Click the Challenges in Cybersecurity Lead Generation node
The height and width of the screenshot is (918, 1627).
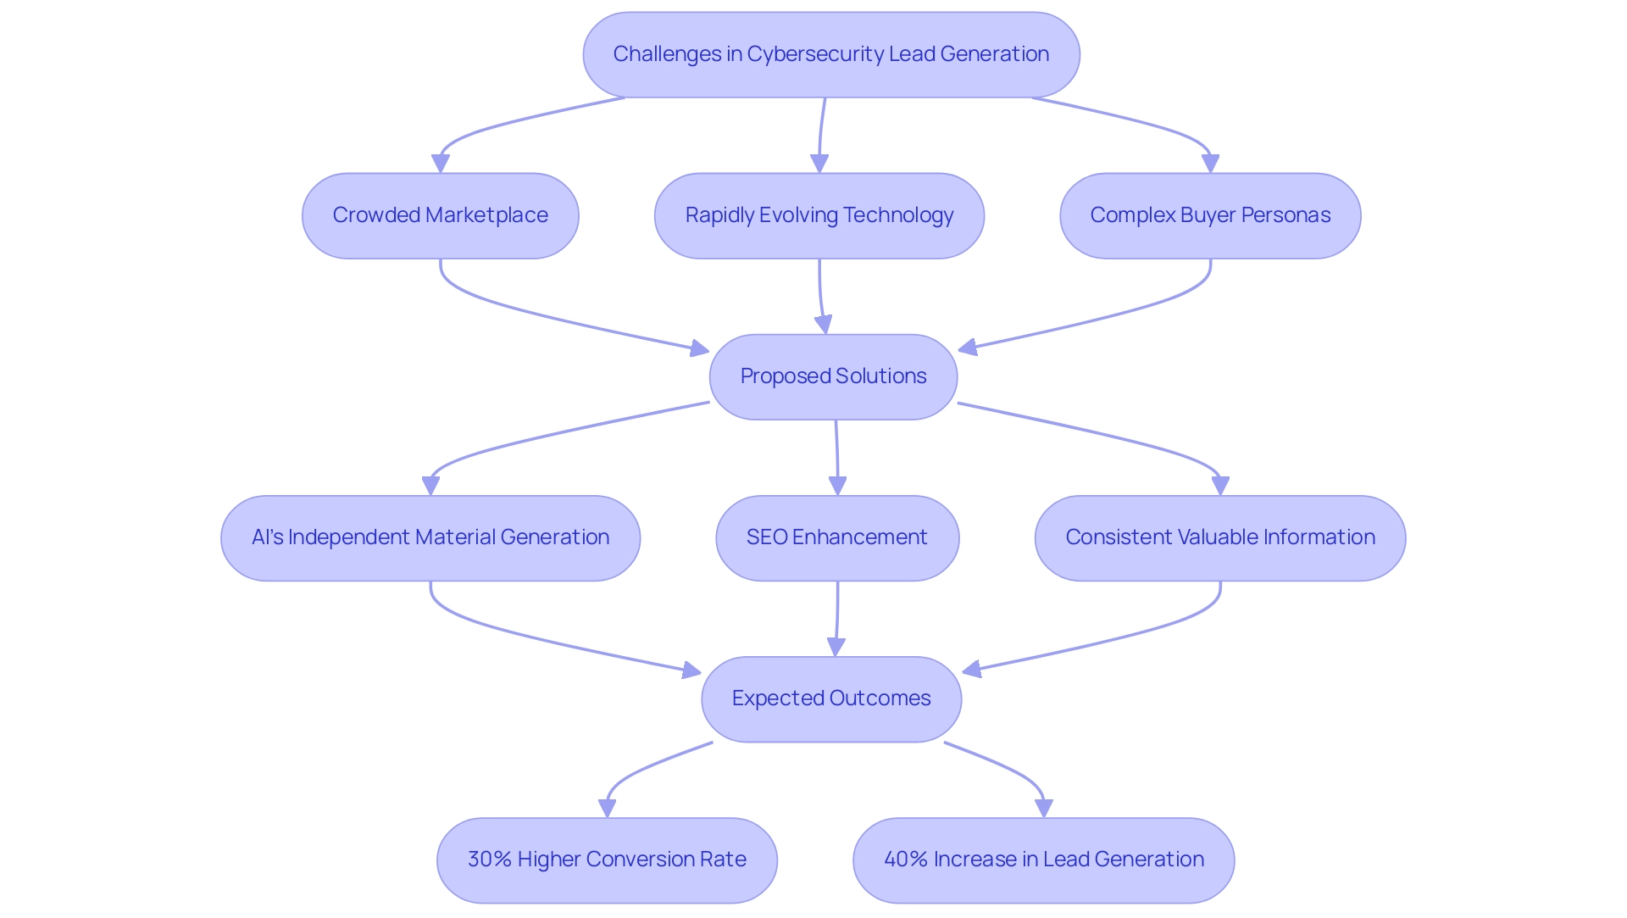(830, 54)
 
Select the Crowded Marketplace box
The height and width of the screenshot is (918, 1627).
(440, 215)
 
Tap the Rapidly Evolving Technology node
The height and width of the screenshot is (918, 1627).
(819, 215)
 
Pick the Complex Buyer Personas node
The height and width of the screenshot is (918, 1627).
(1209, 215)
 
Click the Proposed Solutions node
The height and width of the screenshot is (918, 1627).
(833, 376)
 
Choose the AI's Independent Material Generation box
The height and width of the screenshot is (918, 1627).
(430, 537)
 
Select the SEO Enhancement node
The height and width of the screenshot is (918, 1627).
(836, 537)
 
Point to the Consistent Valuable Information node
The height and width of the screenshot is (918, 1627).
(1219, 537)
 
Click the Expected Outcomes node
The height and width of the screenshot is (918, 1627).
(830, 698)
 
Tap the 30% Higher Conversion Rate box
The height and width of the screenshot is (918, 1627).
(607, 860)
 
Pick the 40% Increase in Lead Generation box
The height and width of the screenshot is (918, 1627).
(1043, 860)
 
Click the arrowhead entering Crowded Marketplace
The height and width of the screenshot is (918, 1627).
(441, 164)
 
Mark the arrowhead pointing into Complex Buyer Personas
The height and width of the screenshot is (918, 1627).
(1210, 164)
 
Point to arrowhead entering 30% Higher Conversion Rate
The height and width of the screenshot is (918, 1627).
(608, 808)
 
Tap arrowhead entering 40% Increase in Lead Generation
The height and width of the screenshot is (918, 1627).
(1044, 808)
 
